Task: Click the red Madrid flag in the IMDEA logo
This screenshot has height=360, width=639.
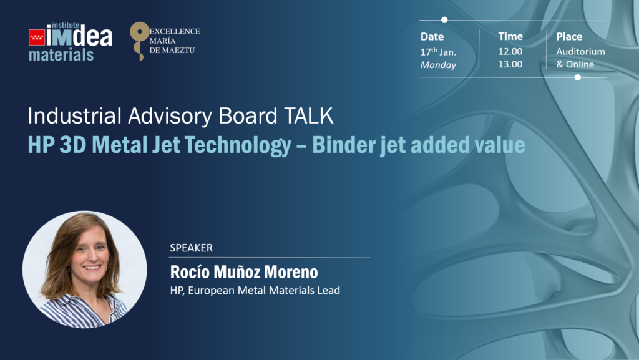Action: (37, 37)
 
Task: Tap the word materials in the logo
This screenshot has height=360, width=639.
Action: (61, 54)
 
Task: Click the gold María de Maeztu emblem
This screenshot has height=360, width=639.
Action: (139, 41)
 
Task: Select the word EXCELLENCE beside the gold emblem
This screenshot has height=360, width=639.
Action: (175, 31)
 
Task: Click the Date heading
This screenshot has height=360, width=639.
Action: (432, 37)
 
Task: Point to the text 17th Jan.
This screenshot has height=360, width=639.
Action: (438, 52)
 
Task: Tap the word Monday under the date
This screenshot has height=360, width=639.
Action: (438, 65)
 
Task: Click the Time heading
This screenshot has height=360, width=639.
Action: (510, 36)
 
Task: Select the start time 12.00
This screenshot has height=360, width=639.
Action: (510, 51)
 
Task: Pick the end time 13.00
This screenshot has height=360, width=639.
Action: (510, 64)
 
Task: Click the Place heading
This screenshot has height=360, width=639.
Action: (569, 37)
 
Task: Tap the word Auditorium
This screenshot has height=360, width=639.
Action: (581, 51)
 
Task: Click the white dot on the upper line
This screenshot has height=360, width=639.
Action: (444, 19)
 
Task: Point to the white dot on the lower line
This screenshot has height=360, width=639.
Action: (577, 77)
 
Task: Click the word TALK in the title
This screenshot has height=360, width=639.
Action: (308, 116)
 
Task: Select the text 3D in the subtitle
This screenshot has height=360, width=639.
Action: (72, 145)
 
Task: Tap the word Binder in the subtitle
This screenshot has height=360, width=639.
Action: (343, 145)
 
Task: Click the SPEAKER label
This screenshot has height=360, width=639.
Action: (191, 248)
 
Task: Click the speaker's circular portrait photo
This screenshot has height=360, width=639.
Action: (85, 269)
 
